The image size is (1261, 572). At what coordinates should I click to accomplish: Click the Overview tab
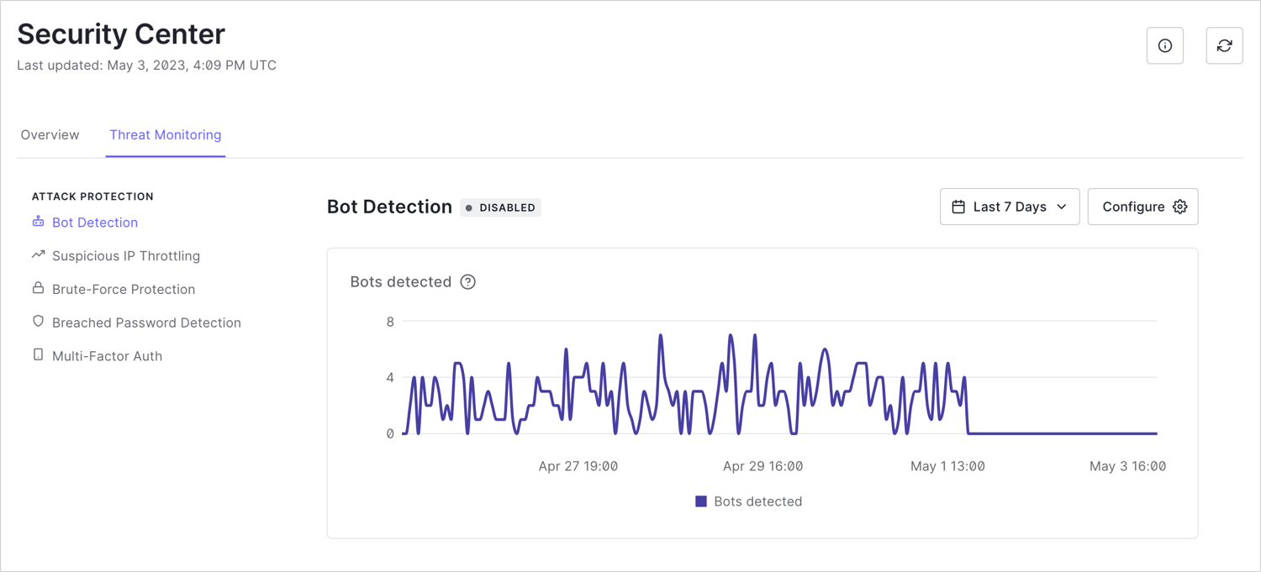tap(50, 135)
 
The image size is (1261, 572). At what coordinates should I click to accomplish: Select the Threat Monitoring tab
tap(166, 135)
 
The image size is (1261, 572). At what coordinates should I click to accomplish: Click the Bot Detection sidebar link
tap(94, 223)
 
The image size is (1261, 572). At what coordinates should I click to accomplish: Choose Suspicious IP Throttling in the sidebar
tap(125, 256)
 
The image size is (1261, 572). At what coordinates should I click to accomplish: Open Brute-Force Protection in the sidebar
tap(123, 290)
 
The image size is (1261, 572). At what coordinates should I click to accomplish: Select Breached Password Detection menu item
tap(146, 323)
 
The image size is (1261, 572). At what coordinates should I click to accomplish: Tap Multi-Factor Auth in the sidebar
tap(107, 356)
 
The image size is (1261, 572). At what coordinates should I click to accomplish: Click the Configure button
tap(1142, 207)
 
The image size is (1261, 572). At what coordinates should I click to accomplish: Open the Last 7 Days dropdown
tap(1009, 207)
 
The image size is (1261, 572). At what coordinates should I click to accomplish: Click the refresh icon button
tap(1224, 45)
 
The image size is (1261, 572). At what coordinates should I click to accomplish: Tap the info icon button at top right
tap(1165, 45)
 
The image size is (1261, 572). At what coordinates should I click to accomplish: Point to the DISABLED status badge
tap(500, 207)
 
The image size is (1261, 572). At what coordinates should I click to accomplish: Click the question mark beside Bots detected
tap(468, 282)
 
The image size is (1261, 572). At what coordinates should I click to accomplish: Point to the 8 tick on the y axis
tap(390, 322)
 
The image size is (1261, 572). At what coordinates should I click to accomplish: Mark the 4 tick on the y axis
tap(390, 378)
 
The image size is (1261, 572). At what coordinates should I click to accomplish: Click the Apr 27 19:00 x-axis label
tap(578, 466)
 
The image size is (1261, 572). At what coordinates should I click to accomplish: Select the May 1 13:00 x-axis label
tap(947, 466)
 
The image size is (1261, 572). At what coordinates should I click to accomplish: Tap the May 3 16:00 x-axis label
tap(1127, 466)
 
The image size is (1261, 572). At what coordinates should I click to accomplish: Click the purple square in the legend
tap(701, 501)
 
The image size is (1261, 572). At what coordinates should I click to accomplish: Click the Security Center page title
tap(121, 34)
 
